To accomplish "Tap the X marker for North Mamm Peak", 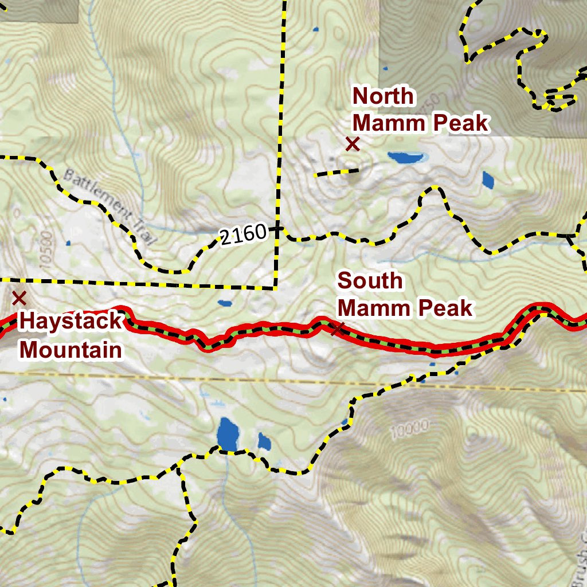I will [x=352, y=144].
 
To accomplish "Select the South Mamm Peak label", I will [x=405, y=295].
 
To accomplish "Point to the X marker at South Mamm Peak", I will [x=338, y=328].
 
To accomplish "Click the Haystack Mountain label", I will [x=71, y=335].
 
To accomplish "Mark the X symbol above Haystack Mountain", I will [x=19, y=298].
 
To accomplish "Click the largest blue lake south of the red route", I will [x=228, y=435].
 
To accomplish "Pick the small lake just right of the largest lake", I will [x=264, y=441].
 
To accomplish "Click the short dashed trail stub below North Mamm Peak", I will [x=336, y=171].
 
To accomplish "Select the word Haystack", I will [x=71, y=321].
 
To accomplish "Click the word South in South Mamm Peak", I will [x=370, y=281].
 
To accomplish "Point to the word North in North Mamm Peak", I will [x=383, y=96].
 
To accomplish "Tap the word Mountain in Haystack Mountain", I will [x=71, y=349].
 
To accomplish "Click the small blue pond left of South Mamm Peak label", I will [x=224, y=303].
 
